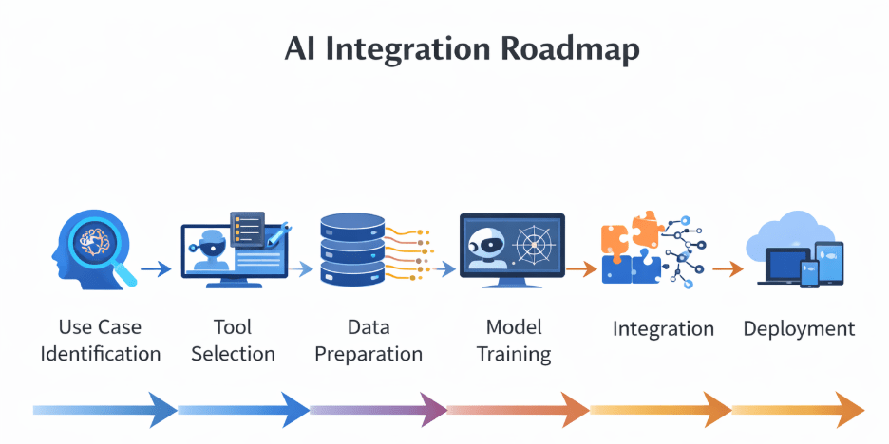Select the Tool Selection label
(x=233, y=341)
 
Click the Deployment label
(x=799, y=329)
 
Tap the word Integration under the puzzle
(x=663, y=329)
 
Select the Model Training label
(x=514, y=341)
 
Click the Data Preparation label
(x=369, y=341)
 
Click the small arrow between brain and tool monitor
(x=156, y=269)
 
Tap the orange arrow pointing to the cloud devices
(x=728, y=269)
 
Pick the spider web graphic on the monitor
(x=535, y=244)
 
